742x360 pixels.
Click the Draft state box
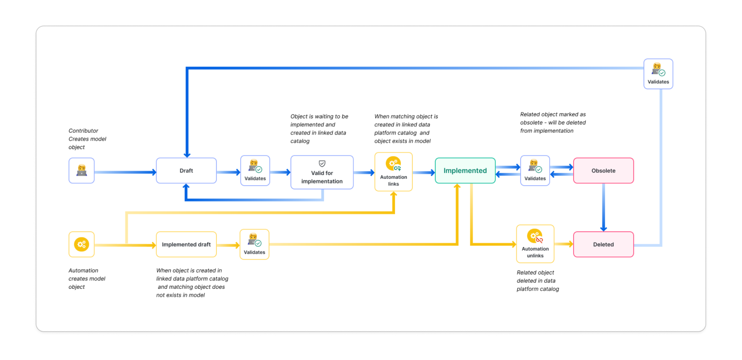tap(186, 171)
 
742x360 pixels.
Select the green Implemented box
tap(465, 171)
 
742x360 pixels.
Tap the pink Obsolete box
tap(603, 171)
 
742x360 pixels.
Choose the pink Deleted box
tap(603, 244)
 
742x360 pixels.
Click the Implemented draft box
tap(186, 244)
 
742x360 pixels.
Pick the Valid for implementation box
tap(322, 173)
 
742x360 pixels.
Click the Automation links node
tap(393, 172)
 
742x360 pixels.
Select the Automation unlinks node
tap(535, 244)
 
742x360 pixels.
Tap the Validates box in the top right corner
tap(658, 74)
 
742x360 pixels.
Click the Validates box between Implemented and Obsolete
tap(535, 171)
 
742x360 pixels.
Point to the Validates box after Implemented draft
tap(254, 244)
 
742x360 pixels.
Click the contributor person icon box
tap(82, 171)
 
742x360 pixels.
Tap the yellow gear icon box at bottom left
tap(82, 244)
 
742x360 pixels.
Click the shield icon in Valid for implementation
tap(322, 164)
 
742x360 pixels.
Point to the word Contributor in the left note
tap(83, 131)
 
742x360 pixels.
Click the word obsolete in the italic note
tap(531, 123)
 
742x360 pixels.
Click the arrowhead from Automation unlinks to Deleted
tap(570, 244)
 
